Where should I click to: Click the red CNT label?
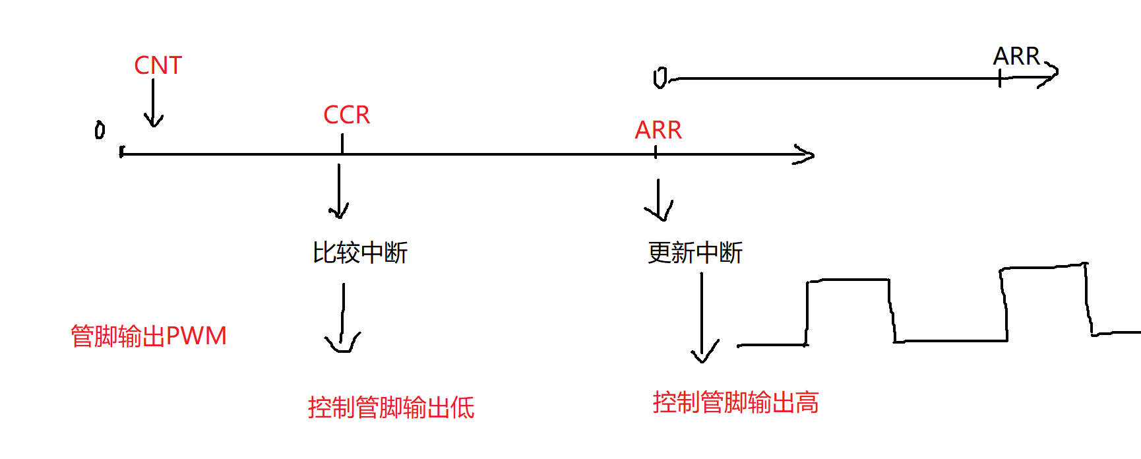point(158,66)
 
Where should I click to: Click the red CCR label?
point(346,115)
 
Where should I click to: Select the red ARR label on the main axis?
point(658,131)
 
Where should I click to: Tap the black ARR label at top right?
point(1016,57)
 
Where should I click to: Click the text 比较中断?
point(360,253)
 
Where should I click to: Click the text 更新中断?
point(695,253)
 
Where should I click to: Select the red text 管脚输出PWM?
point(148,336)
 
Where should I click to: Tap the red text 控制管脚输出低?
point(390,408)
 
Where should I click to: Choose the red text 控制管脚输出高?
point(735,402)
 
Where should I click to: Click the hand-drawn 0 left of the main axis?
point(100,130)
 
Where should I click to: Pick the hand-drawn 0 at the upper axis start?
point(660,78)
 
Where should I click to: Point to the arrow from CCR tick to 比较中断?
point(338,191)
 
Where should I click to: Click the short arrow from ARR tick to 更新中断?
point(658,200)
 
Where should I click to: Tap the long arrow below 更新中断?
point(702,317)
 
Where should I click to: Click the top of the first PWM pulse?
point(848,280)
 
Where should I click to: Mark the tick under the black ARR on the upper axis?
point(1000,79)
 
